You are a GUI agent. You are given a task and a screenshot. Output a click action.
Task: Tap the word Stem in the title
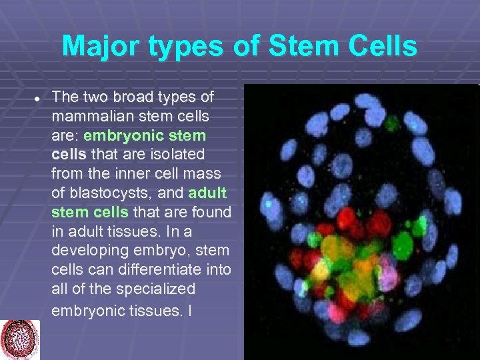coord(297,47)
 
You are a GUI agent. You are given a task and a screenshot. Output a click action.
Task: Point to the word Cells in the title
coord(381,47)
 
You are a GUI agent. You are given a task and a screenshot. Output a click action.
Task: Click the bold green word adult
coord(208,193)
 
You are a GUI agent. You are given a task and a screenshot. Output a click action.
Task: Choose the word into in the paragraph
coord(219,270)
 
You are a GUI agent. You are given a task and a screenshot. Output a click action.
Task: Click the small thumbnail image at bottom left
coord(20,339)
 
